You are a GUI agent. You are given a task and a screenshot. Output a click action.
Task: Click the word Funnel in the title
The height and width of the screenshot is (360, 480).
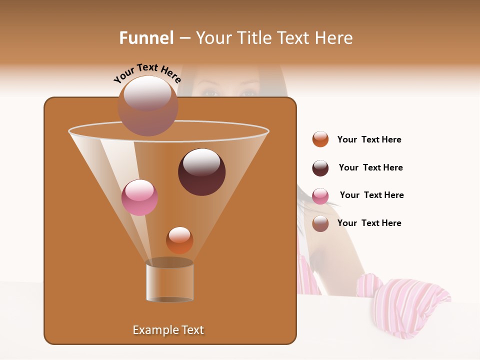(x=146, y=38)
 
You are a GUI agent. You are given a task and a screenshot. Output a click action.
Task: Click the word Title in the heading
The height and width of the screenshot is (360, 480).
(x=254, y=38)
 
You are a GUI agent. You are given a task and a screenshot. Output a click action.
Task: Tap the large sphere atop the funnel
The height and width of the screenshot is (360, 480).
(x=147, y=105)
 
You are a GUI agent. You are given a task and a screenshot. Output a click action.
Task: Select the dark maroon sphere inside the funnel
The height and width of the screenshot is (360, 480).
(x=201, y=172)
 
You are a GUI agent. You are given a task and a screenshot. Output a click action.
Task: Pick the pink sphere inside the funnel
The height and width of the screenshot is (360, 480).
(x=139, y=197)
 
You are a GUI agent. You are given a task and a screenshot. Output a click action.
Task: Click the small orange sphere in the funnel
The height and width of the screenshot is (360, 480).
(x=179, y=240)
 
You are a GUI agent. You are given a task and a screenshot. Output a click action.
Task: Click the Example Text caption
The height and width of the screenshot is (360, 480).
(x=168, y=330)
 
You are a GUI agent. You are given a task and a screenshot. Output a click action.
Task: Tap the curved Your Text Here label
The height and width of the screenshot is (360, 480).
(x=147, y=73)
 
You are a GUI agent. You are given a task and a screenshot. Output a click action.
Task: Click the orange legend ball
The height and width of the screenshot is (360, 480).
(x=320, y=139)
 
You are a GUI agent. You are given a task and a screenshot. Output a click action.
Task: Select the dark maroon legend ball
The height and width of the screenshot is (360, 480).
(x=320, y=168)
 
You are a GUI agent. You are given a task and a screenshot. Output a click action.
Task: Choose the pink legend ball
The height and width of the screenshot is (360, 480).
(x=320, y=196)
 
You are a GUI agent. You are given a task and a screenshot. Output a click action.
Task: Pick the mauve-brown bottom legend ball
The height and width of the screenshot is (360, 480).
(x=320, y=223)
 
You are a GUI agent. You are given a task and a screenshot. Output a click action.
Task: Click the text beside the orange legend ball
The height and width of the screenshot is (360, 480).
(x=369, y=139)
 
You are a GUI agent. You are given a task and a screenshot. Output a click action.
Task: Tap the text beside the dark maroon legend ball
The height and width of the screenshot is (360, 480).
(x=370, y=167)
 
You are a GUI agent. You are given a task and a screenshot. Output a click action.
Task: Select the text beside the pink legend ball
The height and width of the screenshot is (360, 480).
(x=371, y=195)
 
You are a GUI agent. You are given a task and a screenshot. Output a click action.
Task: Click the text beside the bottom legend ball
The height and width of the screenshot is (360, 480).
(x=369, y=223)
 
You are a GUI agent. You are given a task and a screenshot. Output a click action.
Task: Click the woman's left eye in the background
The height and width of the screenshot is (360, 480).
(x=248, y=93)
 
